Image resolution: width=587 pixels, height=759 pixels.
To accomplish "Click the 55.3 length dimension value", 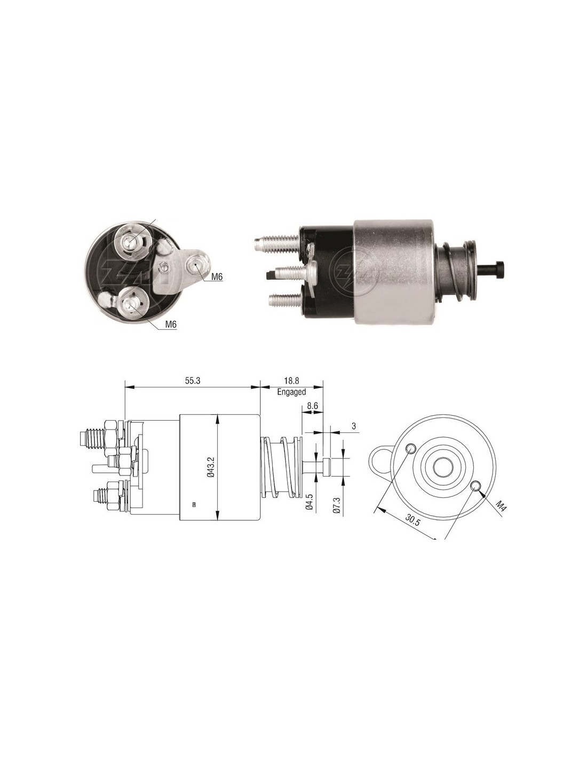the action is (x=193, y=381).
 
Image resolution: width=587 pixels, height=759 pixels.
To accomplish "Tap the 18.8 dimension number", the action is (x=291, y=381).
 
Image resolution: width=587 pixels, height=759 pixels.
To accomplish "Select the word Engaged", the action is (x=291, y=392).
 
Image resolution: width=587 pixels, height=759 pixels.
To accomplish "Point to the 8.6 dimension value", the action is (x=312, y=407).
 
